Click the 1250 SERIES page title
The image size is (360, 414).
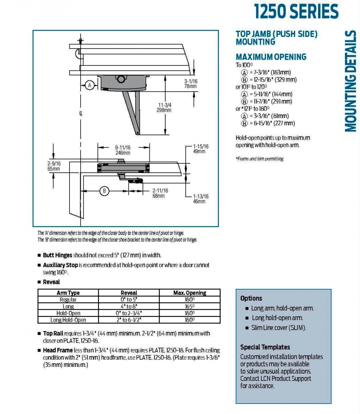click(x=296, y=12)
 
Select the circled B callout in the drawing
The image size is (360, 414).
click(x=104, y=191)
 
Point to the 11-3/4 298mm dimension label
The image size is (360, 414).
click(x=164, y=108)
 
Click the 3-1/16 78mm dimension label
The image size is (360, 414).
click(x=191, y=84)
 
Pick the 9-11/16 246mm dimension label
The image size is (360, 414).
click(x=123, y=150)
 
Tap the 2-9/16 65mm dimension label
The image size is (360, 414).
click(x=54, y=166)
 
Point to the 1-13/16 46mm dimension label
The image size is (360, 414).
click(x=200, y=199)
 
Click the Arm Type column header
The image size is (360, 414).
click(x=68, y=293)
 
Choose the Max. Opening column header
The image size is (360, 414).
click(x=189, y=293)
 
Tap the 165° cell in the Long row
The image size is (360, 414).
click(x=189, y=306)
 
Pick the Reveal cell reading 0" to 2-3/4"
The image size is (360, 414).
click(x=129, y=313)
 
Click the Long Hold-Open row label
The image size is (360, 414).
click(x=68, y=320)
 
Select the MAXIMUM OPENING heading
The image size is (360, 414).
click(x=271, y=57)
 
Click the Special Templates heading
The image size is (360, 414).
click(x=265, y=347)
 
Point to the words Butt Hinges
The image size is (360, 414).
click(x=58, y=255)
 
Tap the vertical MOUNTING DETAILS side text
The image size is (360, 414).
click(x=350, y=81)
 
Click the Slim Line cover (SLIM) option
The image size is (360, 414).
click(x=279, y=328)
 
